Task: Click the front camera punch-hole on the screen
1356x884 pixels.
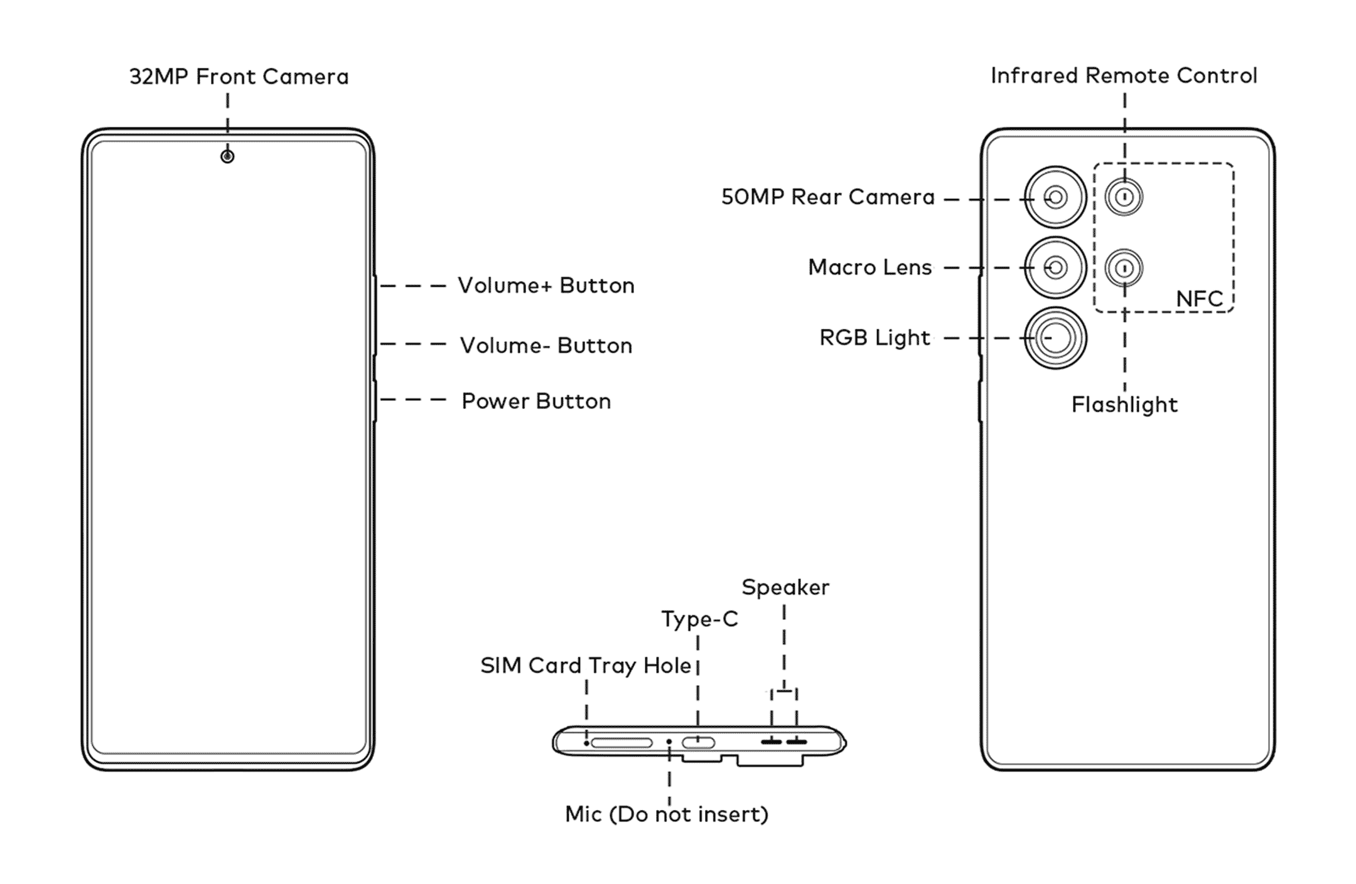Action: pos(227,156)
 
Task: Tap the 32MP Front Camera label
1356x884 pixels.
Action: pos(239,77)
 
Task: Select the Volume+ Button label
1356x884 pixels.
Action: pos(546,285)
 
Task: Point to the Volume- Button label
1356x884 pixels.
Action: pos(546,345)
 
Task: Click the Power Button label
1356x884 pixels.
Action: pos(536,401)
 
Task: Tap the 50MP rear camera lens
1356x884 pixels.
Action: pos(1055,198)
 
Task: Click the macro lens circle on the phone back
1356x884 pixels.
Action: pos(1055,268)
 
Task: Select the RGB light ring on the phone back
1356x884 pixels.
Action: pos(1055,338)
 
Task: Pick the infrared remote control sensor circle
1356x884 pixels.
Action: pos(1124,198)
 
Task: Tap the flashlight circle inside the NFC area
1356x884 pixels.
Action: pos(1124,269)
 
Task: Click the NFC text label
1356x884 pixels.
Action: pos(1199,299)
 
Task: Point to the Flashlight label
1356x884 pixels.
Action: pos(1124,405)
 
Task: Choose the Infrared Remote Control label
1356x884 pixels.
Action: pos(1124,75)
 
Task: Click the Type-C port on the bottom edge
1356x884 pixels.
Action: pos(698,743)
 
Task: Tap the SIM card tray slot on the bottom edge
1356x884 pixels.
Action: pos(621,743)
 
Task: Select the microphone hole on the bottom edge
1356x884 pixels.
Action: pos(669,742)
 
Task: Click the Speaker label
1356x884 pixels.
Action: pos(785,587)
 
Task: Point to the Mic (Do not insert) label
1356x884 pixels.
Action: pos(667,814)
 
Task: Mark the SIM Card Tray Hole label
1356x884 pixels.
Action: pos(586,665)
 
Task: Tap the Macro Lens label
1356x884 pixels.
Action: pos(870,267)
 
